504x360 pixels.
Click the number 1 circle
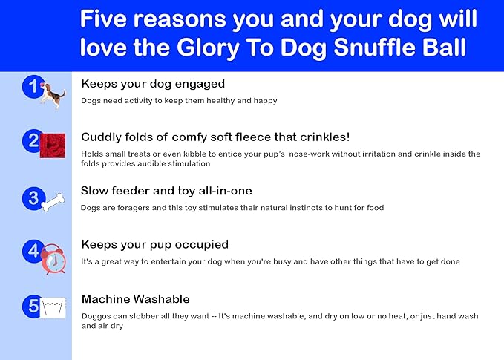click(32, 88)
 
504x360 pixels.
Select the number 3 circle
click(32, 198)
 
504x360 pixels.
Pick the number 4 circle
click(33, 251)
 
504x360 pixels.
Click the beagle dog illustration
click(53, 94)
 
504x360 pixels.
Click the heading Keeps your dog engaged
click(153, 84)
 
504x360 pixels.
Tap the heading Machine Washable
click(135, 299)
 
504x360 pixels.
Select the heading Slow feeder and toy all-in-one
click(166, 191)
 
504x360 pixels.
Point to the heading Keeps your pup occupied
click(154, 244)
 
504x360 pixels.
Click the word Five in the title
click(108, 19)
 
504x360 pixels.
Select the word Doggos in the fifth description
click(96, 316)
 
